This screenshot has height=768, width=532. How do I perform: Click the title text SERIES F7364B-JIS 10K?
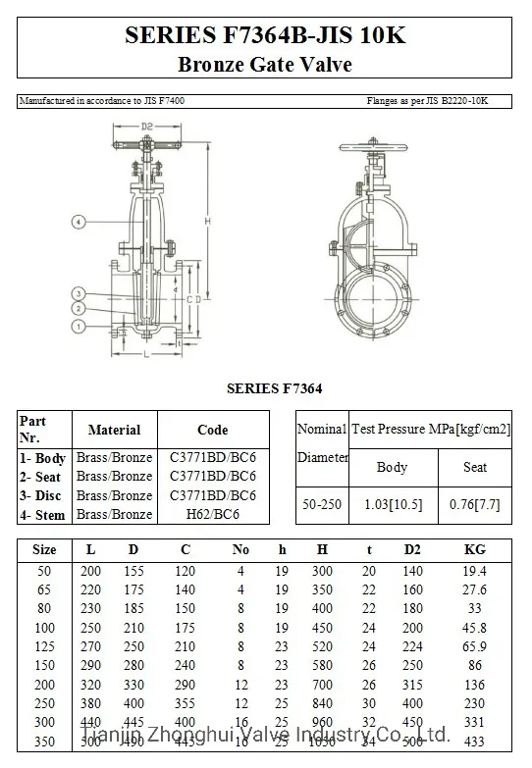tap(264, 36)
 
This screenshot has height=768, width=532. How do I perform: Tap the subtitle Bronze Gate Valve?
tap(264, 66)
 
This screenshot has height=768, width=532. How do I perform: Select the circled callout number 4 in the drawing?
tap(79, 223)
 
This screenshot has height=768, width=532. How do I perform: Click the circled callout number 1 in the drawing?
tap(79, 325)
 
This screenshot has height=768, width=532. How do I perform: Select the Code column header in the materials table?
tap(212, 430)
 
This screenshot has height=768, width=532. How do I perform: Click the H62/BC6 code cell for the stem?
tap(212, 514)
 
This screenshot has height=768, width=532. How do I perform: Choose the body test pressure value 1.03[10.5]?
tap(392, 503)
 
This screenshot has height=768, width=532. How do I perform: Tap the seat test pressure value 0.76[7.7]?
tap(474, 503)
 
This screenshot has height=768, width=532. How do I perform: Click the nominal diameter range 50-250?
tap(322, 503)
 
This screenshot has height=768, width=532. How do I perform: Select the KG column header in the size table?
tap(474, 549)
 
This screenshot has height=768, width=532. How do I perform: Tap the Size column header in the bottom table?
tap(44, 549)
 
